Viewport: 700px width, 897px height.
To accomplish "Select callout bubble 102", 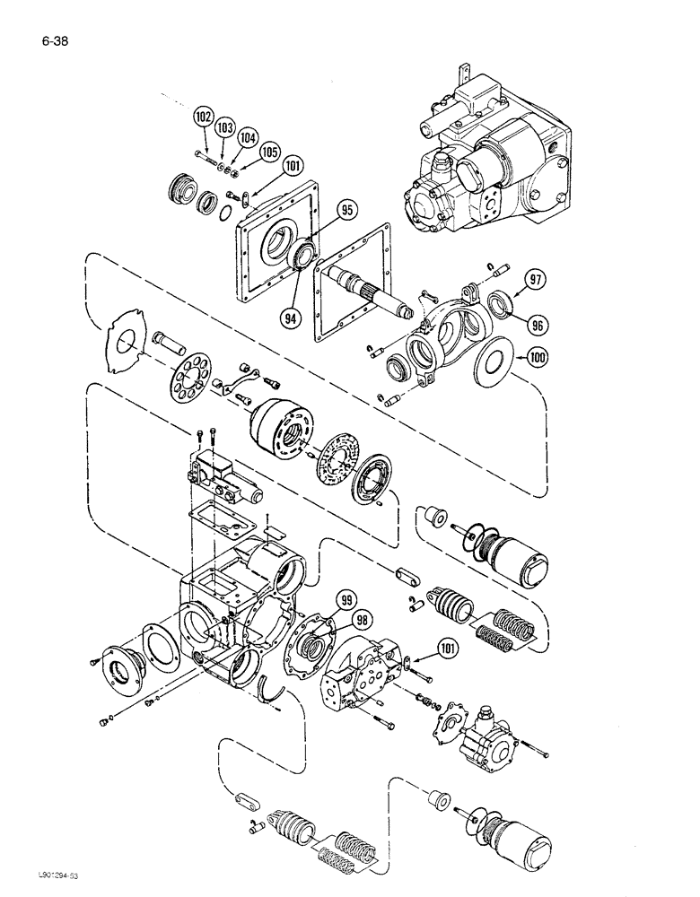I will click(x=204, y=117).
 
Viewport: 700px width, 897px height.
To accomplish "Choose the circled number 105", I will click(x=269, y=152).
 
